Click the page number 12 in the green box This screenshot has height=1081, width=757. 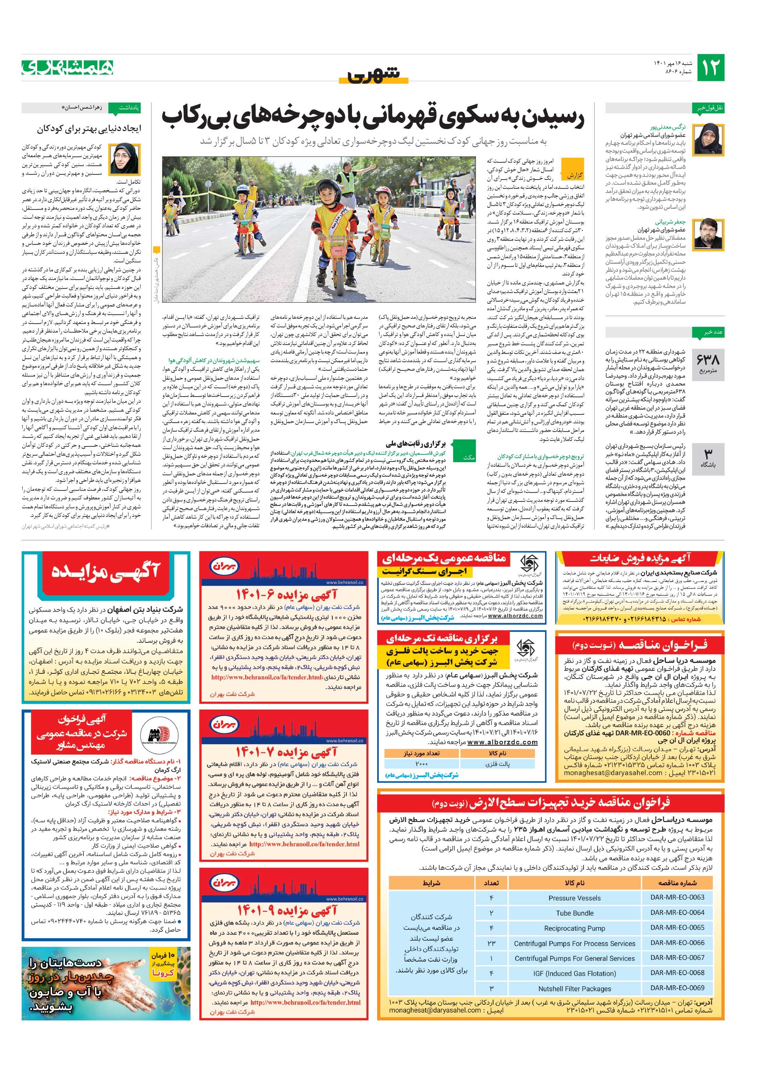tap(710, 68)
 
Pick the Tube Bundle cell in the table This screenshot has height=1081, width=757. tap(574, 913)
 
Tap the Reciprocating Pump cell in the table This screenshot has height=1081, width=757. tap(574, 928)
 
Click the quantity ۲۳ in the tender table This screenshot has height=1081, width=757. tap(491, 943)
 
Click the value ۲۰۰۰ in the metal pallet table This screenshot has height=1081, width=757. tap(422, 764)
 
